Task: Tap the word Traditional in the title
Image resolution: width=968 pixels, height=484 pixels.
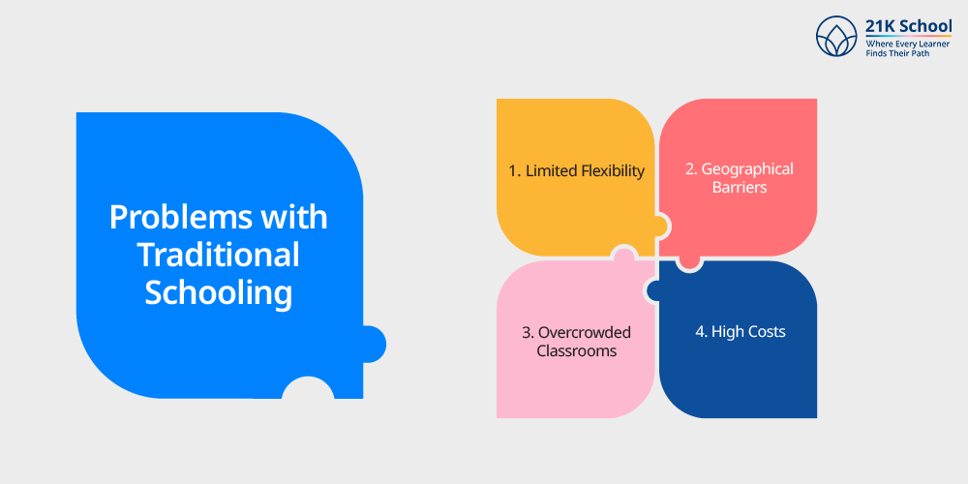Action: click(x=219, y=255)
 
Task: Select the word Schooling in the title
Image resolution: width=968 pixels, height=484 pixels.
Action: click(x=219, y=292)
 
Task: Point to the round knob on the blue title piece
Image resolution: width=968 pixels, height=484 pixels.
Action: click(x=374, y=344)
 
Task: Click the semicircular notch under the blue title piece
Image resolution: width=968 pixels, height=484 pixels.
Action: click(x=308, y=388)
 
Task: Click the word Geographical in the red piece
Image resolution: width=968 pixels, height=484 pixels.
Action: click(x=747, y=169)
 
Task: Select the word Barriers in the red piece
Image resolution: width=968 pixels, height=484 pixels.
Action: click(x=740, y=187)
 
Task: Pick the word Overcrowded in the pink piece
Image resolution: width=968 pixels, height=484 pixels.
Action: click(x=585, y=333)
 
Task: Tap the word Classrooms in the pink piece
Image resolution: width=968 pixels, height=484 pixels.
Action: click(x=577, y=350)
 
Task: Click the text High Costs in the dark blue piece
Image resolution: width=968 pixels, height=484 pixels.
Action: click(x=748, y=331)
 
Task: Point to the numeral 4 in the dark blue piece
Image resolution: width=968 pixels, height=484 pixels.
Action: click(x=700, y=331)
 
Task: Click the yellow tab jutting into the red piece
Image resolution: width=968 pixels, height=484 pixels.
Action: click(x=661, y=226)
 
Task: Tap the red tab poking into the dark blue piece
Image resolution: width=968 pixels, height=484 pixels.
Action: click(x=688, y=263)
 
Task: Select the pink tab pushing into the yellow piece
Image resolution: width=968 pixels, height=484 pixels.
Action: click(x=623, y=253)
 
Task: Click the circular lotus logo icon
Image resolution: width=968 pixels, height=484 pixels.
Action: click(x=836, y=37)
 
